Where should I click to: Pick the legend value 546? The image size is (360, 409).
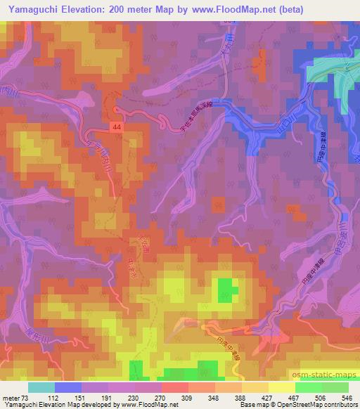click(346, 398)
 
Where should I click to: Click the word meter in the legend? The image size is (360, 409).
click(10, 398)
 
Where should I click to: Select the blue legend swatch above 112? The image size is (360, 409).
click(68, 387)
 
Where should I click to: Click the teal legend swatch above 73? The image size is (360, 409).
click(41, 387)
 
